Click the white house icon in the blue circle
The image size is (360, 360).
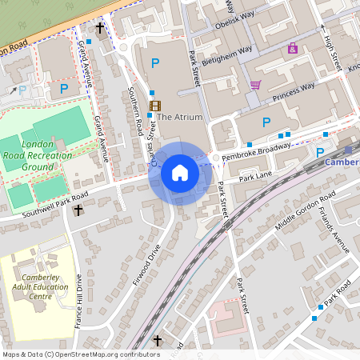[180, 173]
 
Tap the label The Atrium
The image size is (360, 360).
[180, 117]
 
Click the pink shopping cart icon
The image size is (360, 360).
[255, 85]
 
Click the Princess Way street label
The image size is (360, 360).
[293, 92]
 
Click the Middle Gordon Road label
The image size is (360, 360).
[305, 211]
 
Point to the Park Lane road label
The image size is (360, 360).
[256, 176]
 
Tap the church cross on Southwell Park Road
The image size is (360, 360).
[78, 211]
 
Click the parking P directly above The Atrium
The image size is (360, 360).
[155, 62]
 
